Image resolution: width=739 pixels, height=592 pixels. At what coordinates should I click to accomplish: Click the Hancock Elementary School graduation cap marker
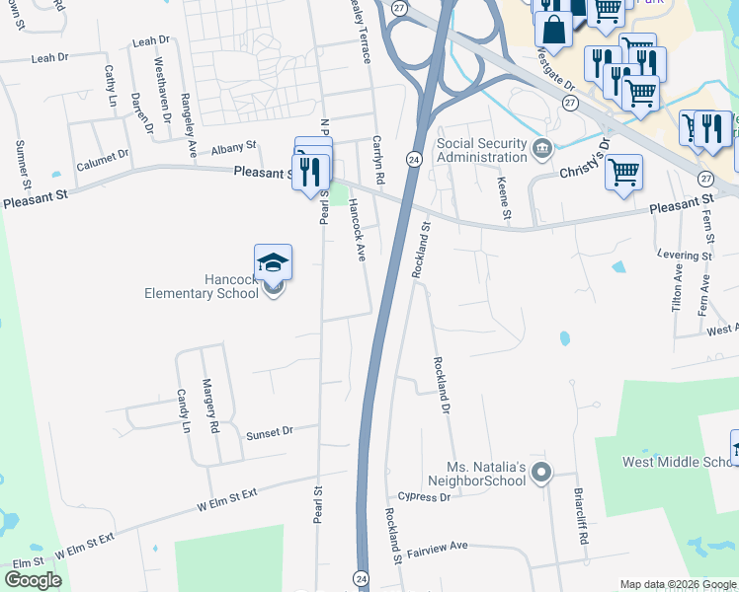click(273, 262)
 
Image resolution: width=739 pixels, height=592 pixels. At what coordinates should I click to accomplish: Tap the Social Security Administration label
click(482, 150)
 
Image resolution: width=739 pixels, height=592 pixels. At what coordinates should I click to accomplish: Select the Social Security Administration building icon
click(541, 149)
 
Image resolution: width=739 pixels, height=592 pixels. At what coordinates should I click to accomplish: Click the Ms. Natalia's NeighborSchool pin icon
click(540, 474)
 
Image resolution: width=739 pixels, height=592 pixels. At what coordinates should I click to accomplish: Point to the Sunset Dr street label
click(270, 432)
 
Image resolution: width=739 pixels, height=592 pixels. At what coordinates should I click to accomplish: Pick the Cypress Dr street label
click(425, 497)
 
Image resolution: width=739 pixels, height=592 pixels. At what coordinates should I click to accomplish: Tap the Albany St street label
click(233, 144)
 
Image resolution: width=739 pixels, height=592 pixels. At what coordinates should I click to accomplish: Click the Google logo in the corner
click(33, 580)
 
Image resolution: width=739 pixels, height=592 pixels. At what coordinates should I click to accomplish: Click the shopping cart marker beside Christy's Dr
click(623, 173)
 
